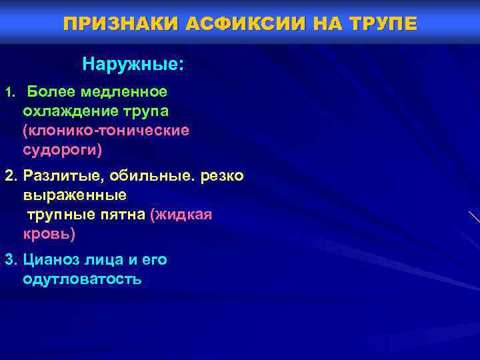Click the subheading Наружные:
click(x=133, y=65)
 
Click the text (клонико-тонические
click(x=106, y=130)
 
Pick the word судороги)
click(x=63, y=150)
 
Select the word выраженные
click(x=74, y=195)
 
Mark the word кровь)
click(x=49, y=235)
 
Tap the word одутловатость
click(x=82, y=279)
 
